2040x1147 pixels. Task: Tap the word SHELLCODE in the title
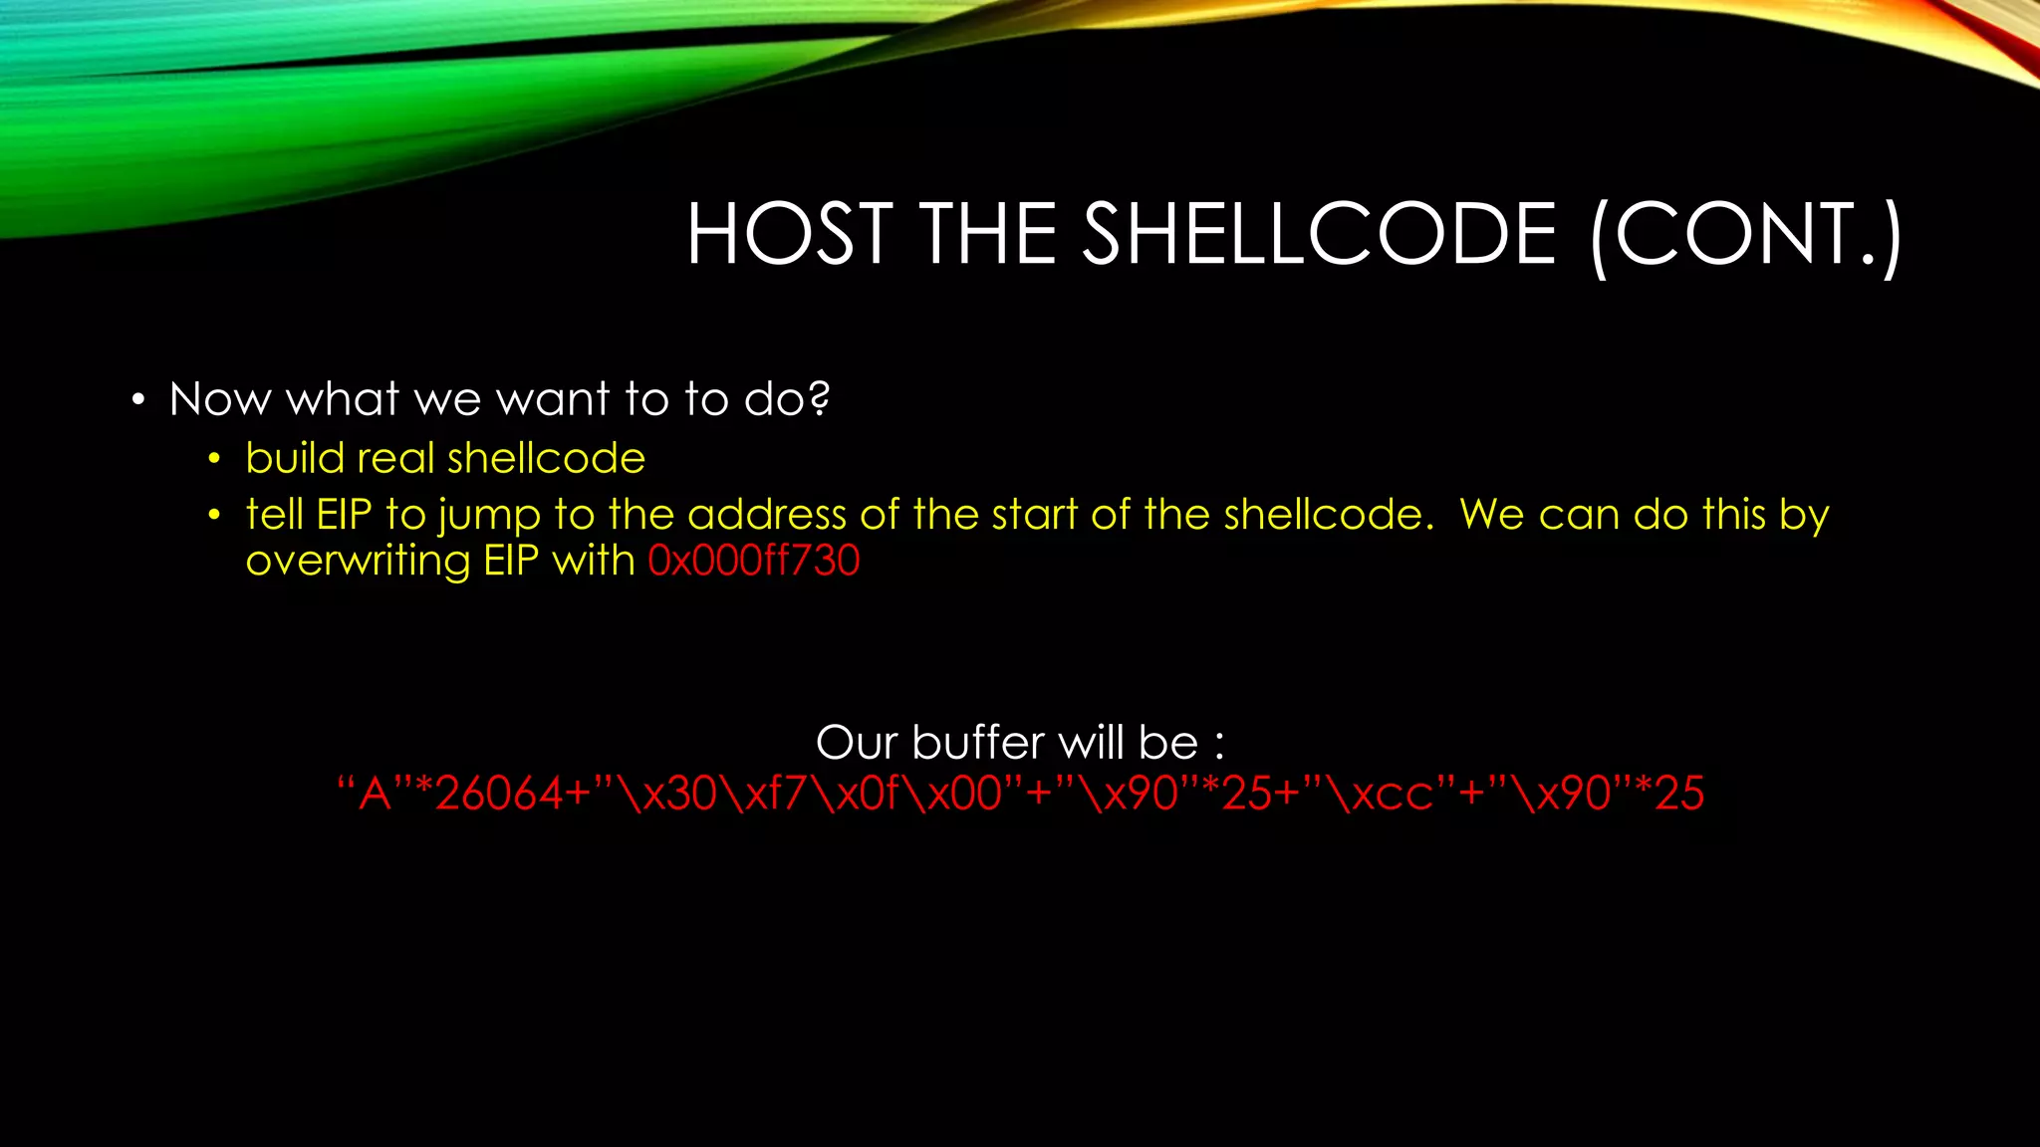coord(1319,234)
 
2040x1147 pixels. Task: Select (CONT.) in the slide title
coord(1746,236)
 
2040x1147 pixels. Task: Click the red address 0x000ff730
coord(753,561)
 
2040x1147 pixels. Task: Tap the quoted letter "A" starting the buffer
coord(374,795)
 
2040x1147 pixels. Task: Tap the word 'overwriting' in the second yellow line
coord(358,562)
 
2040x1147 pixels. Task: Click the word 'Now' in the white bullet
coord(219,400)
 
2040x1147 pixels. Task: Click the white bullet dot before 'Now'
coord(138,401)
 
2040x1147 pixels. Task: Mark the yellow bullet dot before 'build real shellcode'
coord(214,460)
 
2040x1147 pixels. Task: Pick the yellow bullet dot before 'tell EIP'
coord(214,516)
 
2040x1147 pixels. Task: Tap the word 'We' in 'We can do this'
coord(1491,515)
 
